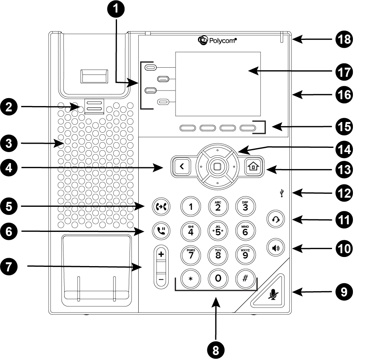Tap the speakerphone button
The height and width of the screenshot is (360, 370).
pyautogui.click(x=276, y=248)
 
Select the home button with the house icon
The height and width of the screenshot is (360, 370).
pyautogui.click(x=253, y=167)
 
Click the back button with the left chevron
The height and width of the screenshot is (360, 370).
pyautogui.click(x=182, y=167)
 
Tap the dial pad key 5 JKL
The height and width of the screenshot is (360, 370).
pyautogui.click(x=218, y=231)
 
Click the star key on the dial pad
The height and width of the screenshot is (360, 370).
pyautogui.click(x=191, y=279)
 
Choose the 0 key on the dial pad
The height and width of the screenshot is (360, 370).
pyautogui.click(x=218, y=279)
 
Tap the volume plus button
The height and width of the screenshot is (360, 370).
pyautogui.click(x=161, y=254)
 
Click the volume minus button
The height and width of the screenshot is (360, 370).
pyautogui.click(x=161, y=279)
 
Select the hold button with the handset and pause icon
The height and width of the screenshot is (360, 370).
pyautogui.click(x=161, y=231)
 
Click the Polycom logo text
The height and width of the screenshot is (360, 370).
pyautogui.click(x=223, y=41)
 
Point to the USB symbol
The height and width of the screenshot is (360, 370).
pyautogui.click(x=281, y=193)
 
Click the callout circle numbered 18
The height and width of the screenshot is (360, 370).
pyautogui.click(x=344, y=39)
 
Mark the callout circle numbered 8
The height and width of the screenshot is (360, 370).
pyautogui.click(x=216, y=350)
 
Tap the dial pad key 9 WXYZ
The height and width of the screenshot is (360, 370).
pyautogui.click(x=245, y=255)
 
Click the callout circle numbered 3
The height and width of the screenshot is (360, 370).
pyautogui.click(x=9, y=143)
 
